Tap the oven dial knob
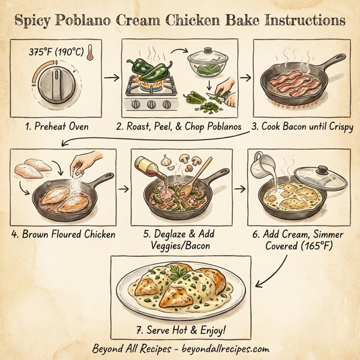click(x=56, y=82)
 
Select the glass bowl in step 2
click(x=206, y=63)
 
